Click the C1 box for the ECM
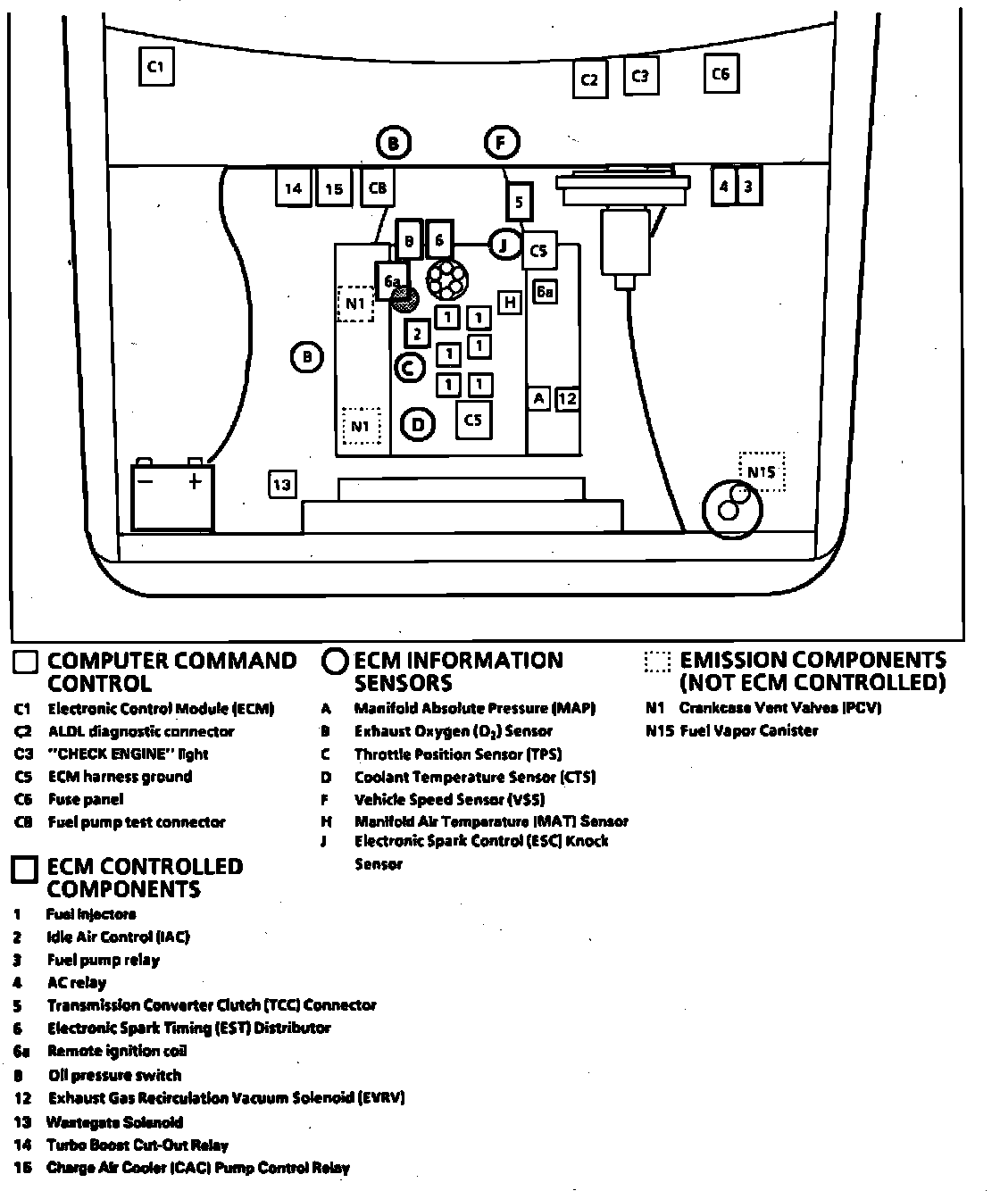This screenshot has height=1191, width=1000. point(155,66)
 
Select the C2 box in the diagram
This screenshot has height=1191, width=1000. point(589,79)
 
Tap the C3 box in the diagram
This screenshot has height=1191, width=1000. point(640,76)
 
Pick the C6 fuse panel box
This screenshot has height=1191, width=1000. point(721,74)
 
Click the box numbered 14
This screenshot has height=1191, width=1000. point(293,188)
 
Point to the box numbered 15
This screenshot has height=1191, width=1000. point(333,188)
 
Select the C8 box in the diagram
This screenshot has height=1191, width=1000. point(377,188)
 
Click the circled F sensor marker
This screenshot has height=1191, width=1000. point(502,143)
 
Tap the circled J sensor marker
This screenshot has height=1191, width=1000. point(504,244)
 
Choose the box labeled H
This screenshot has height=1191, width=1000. point(510,303)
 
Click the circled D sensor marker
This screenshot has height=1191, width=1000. point(418,425)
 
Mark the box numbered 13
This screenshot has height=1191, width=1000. point(282,484)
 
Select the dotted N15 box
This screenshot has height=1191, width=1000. point(762,471)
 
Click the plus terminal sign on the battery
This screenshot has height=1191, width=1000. point(195,483)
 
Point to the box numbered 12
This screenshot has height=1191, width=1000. point(567,399)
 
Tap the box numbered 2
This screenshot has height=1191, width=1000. point(417,334)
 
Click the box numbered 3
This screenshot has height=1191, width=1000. point(748,187)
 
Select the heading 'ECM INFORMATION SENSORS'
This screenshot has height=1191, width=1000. point(458,671)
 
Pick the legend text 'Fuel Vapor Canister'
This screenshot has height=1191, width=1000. point(748,730)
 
